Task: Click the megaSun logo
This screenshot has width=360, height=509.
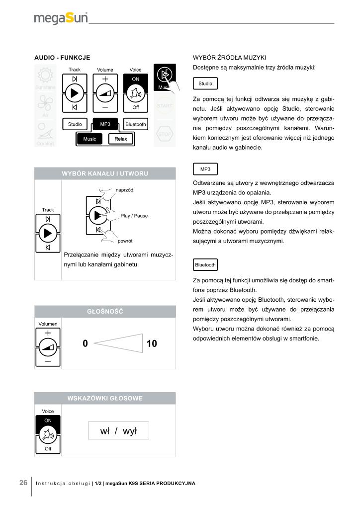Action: tap(61, 18)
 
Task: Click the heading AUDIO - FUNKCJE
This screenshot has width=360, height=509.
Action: tap(62, 58)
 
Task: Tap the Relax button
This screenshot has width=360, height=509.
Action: tap(121, 139)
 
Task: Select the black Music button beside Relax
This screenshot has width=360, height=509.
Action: tap(90, 139)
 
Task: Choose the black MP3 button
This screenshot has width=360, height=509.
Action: tap(105, 124)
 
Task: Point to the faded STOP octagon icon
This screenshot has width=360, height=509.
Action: tap(165, 134)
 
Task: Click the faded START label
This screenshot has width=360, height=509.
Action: tap(165, 106)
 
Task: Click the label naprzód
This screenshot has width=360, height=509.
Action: tap(125, 190)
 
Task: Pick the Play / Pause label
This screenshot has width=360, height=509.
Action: tap(134, 216)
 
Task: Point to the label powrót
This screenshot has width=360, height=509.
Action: tap(125, 241)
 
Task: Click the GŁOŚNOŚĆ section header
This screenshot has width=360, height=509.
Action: tap(105, 311)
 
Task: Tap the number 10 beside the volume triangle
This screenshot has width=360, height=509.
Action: tap(152, 343)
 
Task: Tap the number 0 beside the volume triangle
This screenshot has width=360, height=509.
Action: tap(85, 343)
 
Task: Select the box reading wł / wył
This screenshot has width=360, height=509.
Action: tap(118, 431)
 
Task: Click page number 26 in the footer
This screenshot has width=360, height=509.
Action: tap(23, 483)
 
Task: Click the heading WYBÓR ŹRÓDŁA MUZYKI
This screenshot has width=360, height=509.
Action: tap(230, 58)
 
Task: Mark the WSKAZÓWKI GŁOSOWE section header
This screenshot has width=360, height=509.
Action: tap(105, 398)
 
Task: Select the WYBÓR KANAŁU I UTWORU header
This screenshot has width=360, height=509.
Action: tap(105, 173)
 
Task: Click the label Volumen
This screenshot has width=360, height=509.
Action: tap(48, 324)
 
